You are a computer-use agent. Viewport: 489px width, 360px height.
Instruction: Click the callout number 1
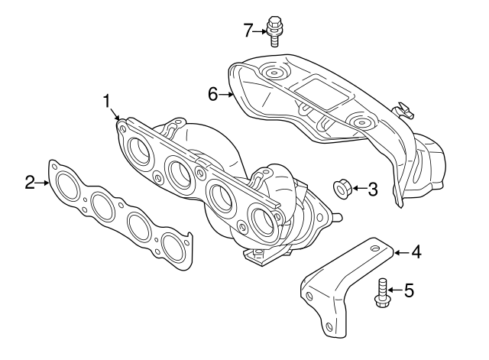click(108, 101)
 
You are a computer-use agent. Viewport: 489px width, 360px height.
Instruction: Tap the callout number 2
click(30, 182)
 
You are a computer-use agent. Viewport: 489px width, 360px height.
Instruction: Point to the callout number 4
click(416, 251)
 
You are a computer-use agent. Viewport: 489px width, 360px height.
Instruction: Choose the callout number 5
click(409, 290)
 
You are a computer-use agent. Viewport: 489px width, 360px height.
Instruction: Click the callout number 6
click(214, 94)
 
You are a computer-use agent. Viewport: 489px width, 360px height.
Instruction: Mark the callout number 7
click(248, 31)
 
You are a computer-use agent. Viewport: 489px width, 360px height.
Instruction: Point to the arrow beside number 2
click(44, 182)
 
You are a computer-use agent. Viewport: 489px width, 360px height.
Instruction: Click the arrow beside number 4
click(400, 251)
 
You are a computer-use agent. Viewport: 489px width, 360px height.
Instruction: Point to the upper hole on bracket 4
click(373, 245)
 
